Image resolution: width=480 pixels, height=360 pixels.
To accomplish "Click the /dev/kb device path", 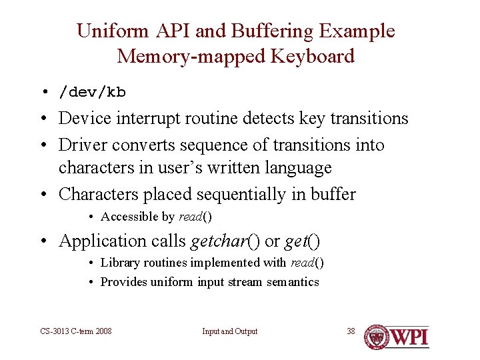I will (x=93, y=92).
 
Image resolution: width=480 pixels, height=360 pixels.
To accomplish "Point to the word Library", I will (x=120, y=263).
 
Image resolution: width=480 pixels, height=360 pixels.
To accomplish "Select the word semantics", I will (x=293, y=282).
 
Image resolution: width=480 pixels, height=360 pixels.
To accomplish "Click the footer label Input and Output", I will (x=229, y=331).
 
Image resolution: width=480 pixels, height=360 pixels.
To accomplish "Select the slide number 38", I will (x=351, y=331).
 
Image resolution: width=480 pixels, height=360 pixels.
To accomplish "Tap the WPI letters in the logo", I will (x=409, y=337).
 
